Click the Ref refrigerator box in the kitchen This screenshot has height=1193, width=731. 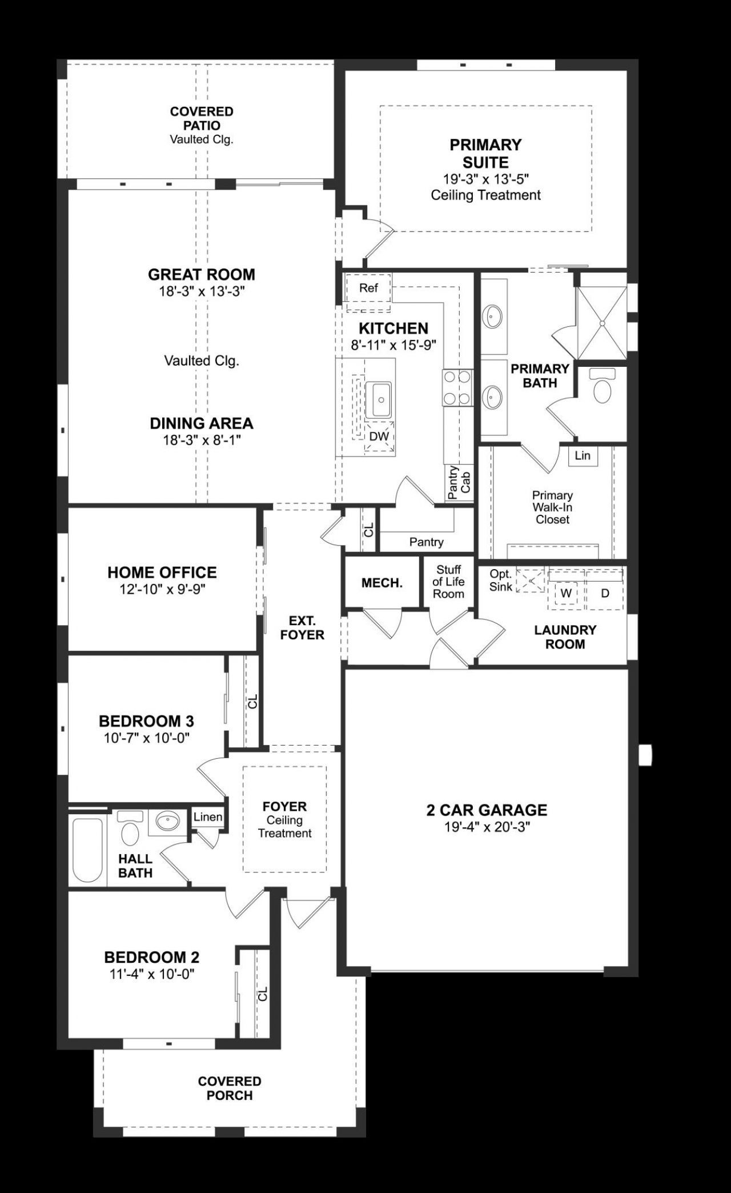tap(368, 289)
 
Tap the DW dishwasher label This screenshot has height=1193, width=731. tap(379, 437)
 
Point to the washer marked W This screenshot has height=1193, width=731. tap(565, 593)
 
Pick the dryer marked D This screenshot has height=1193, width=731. tap(605, 593)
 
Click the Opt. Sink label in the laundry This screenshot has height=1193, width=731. tap(500, 580)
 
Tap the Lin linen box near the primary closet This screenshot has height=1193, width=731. tap(583, 455)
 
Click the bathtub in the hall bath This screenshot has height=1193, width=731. tap(87, 851)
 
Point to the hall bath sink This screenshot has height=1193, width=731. tap(167, 822)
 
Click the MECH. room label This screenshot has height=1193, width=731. tap(381, 583)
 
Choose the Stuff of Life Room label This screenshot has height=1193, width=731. tap(448, 582)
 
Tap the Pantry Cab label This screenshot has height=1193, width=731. tap(460, 483)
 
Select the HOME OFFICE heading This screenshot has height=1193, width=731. tap(162, 573)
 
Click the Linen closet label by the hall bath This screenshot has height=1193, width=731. tap(207, 817)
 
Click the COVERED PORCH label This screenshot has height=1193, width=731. tap(230, 1088)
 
